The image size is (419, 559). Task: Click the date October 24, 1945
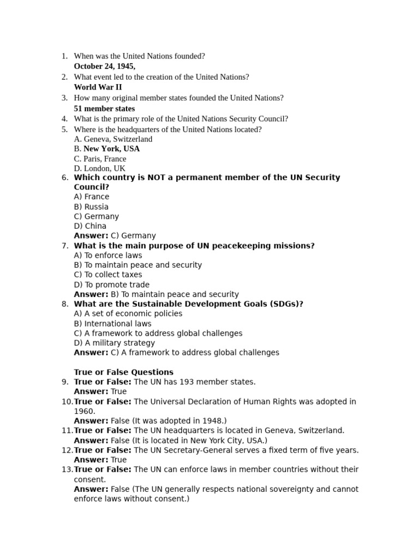click(x=104, y=67)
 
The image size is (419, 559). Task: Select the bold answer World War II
click(x=98, y=87)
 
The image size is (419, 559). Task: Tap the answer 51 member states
click(x=104, y=109)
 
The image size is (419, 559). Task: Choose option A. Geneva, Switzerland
click(x=113, y=139)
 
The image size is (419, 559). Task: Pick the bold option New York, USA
click(x=111, y=148)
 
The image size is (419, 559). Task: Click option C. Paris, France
click(x=100, y=159)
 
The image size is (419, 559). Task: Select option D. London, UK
click(x=99, y=169)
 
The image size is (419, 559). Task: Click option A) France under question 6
click(x=91, y=197)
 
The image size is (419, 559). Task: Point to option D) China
click(x=90, y=226)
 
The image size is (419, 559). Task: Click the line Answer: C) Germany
click(x=115, y=236)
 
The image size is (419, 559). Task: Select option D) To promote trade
click(x=111, y=284)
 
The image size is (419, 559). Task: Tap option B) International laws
click(x=112, y=324)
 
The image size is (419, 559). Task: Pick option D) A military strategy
click(x=114, y=343)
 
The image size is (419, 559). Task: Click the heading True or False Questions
click(x=123, y=372)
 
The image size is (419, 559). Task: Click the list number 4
click(x=64, y=119)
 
